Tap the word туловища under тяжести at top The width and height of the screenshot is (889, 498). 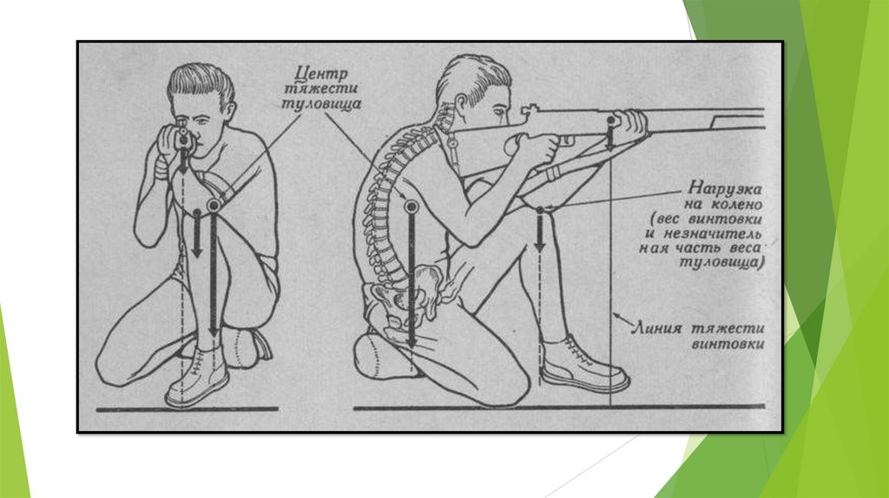tap(321, 104)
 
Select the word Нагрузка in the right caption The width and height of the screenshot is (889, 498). tap(725, 188)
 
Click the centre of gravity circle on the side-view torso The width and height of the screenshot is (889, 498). tap(411, 206)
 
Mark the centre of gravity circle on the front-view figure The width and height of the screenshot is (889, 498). tap(214, 205)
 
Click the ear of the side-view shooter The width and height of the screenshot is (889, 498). tap(459, 104)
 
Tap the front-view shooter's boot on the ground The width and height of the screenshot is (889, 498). tap(197, 377)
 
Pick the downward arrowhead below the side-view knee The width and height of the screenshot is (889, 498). tap(540, 245)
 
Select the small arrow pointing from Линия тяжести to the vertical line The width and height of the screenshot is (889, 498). tap(622, 319)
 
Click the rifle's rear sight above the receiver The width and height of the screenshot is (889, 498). tap(529, 109)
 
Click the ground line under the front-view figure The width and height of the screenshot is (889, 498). tap(188, 409)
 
